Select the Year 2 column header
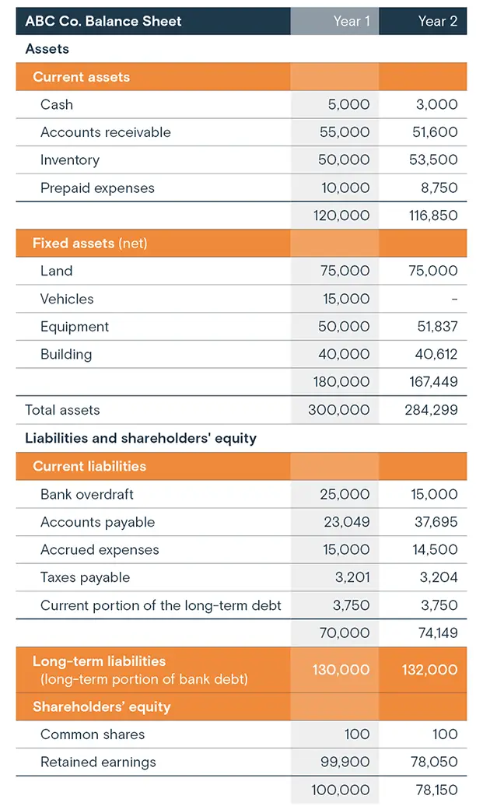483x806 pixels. click(x=437, y=21)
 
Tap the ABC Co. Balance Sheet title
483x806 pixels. click(x=103, y=21)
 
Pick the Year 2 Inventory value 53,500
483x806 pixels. click(x=435, y=160)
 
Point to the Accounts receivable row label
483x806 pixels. click(x=105, y=132)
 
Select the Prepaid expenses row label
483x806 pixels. click(x=97, y=188)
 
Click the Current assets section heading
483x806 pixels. click(x=81, y=77)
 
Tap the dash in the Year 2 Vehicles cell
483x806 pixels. click(x=454, y=299)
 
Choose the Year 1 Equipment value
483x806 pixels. click(x=345, y=327)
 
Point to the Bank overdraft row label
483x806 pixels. click(x=86, y=494)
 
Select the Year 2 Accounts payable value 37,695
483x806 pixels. click(x=435, y=522)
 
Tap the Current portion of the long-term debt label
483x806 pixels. click(x=160, y=605)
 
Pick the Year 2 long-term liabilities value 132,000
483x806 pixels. click(x=429, y=670)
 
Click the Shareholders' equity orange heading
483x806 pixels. click(x=101, y=707)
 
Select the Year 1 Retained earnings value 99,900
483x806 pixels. click(x=345, y=762)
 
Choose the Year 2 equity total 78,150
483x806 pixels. click(x=435, y=790)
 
